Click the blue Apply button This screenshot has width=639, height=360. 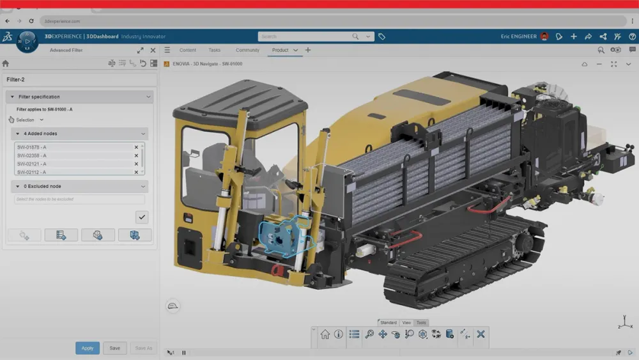point(88,348)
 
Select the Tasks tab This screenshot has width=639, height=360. point(215,50)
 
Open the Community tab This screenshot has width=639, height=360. point(247,50)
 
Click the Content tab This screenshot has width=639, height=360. point(188,50)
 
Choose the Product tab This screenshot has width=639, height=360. point(280,50)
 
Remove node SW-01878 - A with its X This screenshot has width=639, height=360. point(136,147)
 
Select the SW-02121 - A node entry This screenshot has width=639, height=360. point(32,164)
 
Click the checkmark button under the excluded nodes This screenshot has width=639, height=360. point(142,217)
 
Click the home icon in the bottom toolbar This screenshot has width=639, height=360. point(325,334)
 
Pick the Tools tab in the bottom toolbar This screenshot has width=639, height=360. point(421,323)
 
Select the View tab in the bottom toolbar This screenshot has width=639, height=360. point(406,323)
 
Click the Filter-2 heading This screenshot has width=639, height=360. point(15,79)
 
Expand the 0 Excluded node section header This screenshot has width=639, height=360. point(80,186)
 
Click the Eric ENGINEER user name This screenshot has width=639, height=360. point(519,36)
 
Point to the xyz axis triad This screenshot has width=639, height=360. point(625,321)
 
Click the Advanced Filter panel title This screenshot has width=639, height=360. point(66,50)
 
